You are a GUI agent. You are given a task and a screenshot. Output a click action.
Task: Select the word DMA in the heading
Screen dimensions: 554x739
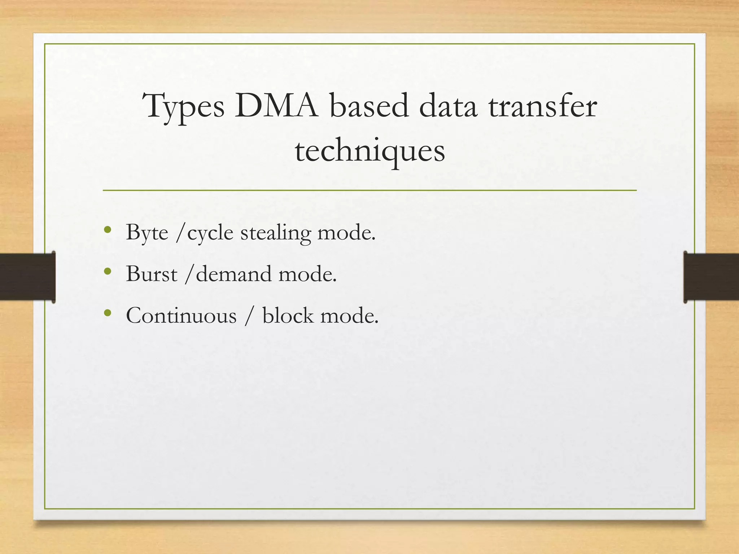click(276, 106)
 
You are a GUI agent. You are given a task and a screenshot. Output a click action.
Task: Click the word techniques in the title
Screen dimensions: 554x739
click(370, 151)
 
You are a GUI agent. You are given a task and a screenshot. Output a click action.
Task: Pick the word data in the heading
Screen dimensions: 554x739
click(448, 106)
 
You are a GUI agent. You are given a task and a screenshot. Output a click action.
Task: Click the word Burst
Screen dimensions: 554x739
click(152, 274)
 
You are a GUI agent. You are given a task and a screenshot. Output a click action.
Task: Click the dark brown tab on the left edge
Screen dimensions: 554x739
click(27, 277)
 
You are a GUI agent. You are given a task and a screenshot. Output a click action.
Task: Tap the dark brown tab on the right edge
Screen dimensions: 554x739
click(711, 277)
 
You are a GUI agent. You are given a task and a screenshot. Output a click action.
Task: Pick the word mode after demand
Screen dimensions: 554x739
click(307, 274)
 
